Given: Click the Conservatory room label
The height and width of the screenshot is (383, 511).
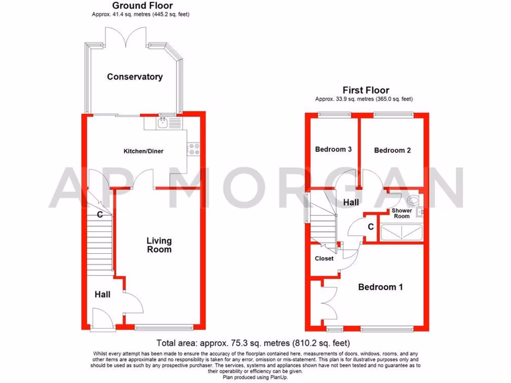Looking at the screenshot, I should (x=135, y=77).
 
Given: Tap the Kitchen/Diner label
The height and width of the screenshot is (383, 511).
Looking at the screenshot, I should (x=144, y=151).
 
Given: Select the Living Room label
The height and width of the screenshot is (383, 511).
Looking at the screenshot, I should (x=159, y=245).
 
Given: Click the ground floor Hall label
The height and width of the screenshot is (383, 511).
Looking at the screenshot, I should (x=102, y=295).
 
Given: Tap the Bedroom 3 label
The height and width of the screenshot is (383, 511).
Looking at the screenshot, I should (x=333, y=149).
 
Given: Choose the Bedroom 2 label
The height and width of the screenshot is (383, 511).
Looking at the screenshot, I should (x=392, y=150).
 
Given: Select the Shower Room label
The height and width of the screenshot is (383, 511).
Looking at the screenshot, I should (x=402, y=213).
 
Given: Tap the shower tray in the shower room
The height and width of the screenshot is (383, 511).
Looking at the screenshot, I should (x=401, y=233).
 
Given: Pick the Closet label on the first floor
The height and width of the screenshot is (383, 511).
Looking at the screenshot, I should (x=324, y=258).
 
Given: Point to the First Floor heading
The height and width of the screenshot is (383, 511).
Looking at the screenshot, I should (x=366, y=90).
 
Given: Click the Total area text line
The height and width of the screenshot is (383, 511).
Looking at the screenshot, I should (x=253, y=343).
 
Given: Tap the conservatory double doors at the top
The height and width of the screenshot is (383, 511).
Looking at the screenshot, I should (x=125, y=36).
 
